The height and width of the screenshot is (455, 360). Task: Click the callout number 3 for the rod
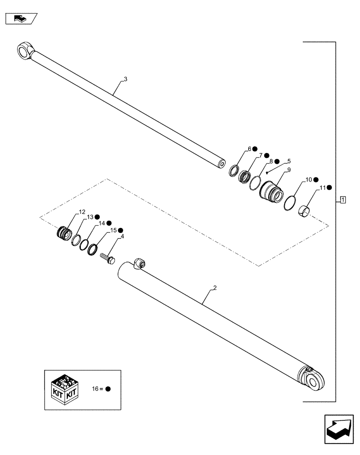(x=125, y=79)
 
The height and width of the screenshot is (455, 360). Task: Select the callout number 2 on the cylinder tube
(x=215, y=288)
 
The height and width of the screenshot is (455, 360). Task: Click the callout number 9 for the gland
(x=288, y=170)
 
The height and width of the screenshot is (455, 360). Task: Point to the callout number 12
(x=82, y=212)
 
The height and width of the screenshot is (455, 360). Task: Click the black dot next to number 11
(x=329, y=187)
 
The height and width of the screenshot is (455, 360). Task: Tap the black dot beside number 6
(x=255, y=149)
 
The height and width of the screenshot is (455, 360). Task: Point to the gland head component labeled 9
(x=271, y=191)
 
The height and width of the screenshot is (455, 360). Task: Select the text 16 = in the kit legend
(x=98, y=389)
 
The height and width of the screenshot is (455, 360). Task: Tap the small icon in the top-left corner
(x=20, y=19)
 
